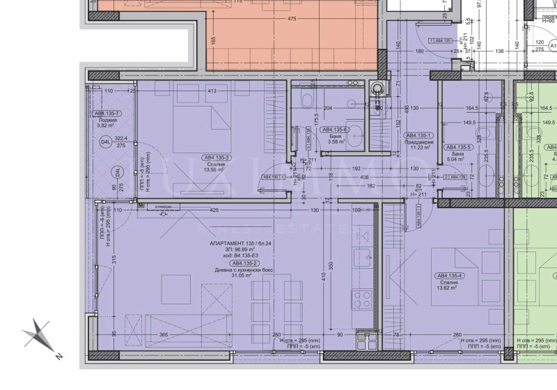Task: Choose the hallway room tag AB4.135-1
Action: [x=420, y=135]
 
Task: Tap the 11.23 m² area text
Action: [x=420, y=147]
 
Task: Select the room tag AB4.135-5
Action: [x=460, y=148]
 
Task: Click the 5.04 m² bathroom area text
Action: [x=460, y=159]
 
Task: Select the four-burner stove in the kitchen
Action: [x=363, y=301]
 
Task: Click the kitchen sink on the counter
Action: [x=362, y=259]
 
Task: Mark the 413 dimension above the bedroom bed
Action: [x=214, y=91]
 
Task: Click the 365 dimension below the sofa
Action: [x=164, y=335]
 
